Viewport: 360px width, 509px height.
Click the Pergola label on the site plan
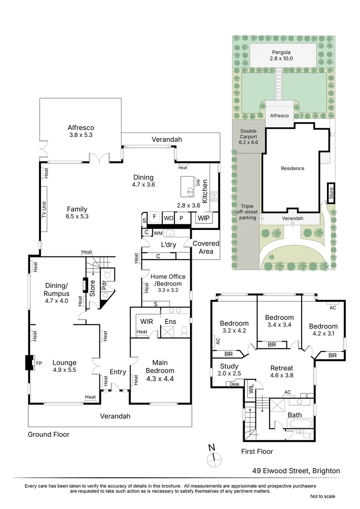[281, 55]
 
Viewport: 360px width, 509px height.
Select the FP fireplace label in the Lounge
[39, 363]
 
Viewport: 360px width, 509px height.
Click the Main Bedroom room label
[160, 370]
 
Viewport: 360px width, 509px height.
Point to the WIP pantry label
[204, 218]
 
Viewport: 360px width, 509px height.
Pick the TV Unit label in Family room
[44, 210]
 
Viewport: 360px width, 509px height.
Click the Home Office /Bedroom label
[168, 283]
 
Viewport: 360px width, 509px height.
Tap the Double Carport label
[248, 137]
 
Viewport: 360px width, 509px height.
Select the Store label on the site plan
[331, 193]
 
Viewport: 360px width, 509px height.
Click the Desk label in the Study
[234, 384]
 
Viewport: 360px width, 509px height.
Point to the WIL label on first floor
[251, 389]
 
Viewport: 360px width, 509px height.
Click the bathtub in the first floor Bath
[299, 424]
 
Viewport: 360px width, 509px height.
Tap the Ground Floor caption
[49, 435]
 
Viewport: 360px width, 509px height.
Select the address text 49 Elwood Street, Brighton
[296, 471]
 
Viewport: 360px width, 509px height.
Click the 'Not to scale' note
[323, 496]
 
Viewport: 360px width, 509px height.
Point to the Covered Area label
[206, 247]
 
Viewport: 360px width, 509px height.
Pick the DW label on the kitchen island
[198, 182]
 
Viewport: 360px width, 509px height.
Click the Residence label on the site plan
[293, 168]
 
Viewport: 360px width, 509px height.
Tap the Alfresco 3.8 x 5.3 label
[81, 131]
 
